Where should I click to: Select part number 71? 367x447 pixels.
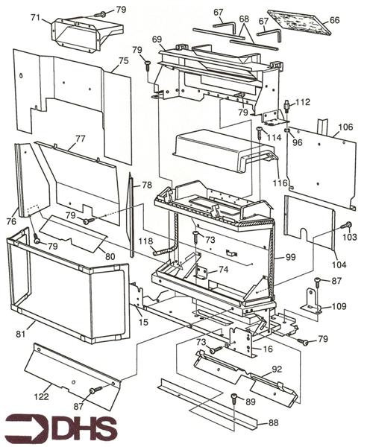tap(35, 16)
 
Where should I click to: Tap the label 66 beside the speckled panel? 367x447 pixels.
tap(334, 20)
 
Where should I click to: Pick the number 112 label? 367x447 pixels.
tap(302, 102)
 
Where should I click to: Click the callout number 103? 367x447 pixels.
tap(351, 236)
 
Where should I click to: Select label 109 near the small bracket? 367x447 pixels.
tap(339, 306)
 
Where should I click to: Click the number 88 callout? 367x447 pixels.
tap(274, 423)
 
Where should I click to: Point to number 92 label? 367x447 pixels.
tap(277, 368)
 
